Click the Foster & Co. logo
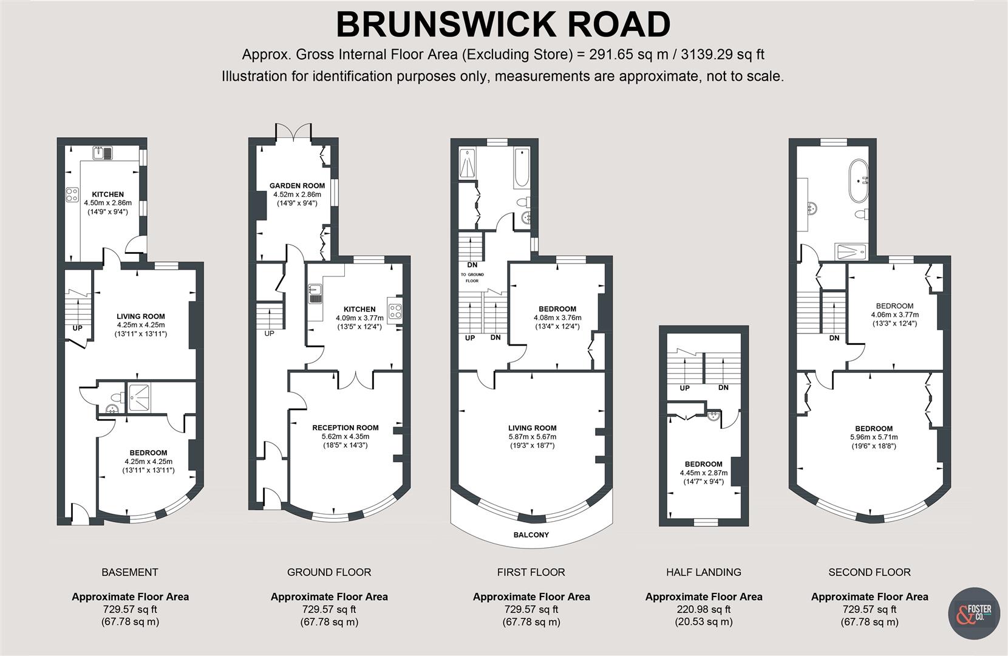pos(974,613)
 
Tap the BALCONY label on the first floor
pos(531,535)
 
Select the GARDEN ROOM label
pos(297,185)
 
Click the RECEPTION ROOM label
pos(345,428)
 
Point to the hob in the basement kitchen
pos(72,194)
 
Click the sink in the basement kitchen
pos(103,153)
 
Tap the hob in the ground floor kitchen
pos(395,310)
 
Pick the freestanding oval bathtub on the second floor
pos(859,180)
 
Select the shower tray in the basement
pos(139,398)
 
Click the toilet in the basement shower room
pos(118,398)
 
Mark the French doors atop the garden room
pos(293,131)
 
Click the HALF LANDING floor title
pos(704,572)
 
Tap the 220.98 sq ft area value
pos(704,609)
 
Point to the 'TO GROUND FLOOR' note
pos(472,278)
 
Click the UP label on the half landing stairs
pos(684,388)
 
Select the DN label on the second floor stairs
pos(834,338)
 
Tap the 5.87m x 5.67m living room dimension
pos(533,437)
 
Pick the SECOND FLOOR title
pos(870,572)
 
